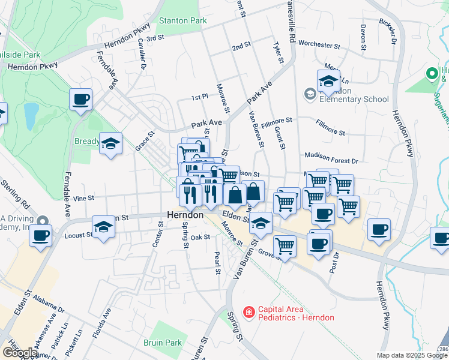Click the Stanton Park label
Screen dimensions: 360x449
pos(182,20)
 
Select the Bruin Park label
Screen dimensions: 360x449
pos(163,343)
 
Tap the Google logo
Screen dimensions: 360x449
pos(20,352)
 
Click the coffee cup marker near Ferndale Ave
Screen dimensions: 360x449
pos(80,100)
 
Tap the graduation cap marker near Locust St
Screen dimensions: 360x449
pos(103,228)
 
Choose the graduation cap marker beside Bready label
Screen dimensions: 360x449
pos(110,144)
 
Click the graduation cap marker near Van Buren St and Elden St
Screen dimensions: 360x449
pos(260,224)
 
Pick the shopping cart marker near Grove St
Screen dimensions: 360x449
pos(285,246)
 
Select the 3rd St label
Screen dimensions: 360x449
pos(155,38)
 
